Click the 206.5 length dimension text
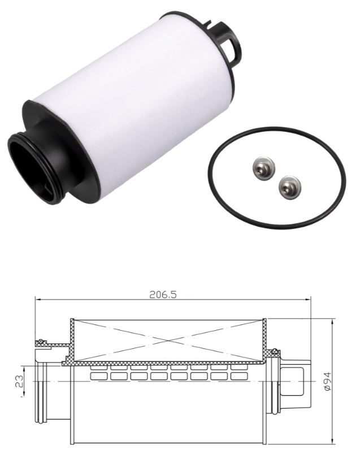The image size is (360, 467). point(163,294)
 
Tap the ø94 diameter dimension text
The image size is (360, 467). point(327,382)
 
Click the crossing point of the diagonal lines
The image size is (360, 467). point(168,340)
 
